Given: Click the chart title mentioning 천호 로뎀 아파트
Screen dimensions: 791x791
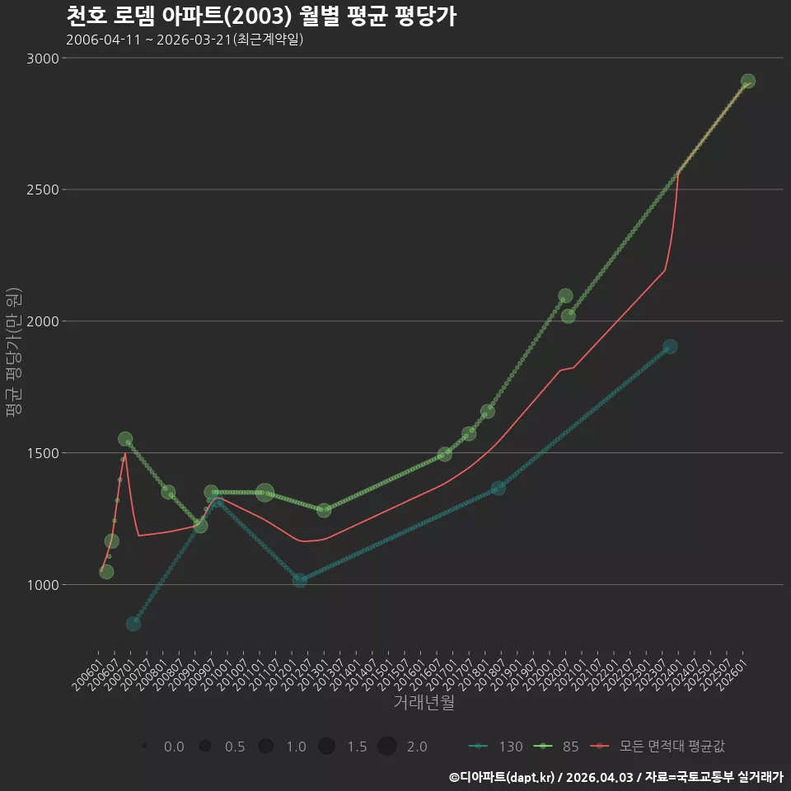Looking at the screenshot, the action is [261, 16].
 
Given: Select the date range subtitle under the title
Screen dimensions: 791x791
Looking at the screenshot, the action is [185, 40].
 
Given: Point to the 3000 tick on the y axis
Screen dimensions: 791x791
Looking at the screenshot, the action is [43, 58].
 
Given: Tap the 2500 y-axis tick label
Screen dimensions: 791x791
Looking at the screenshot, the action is [43, 190].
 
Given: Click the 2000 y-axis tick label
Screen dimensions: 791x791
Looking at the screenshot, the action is [43, 321].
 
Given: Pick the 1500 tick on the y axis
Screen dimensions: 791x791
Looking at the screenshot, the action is [43, 453].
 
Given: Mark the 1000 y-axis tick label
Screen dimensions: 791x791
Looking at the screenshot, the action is [43, 585].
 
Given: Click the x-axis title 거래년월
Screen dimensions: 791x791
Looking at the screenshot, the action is [424, 702].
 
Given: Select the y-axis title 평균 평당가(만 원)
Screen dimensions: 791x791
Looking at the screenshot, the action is [14, 352].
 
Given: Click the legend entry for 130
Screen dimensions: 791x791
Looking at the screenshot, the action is [496, 747].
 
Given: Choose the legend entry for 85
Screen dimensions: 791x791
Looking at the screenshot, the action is [556, 747].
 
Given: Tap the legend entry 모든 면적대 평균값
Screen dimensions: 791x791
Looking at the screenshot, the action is [659, 747].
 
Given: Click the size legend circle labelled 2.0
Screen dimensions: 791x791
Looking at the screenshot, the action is [387, 746].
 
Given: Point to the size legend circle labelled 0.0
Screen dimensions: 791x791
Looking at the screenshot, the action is [144, 746].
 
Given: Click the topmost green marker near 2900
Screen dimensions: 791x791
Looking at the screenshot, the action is [747, 81].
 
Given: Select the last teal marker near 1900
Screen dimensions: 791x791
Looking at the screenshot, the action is [670, 347].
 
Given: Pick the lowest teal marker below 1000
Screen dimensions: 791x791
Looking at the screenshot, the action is [133, 624].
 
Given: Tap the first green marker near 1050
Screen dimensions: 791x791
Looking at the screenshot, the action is [106, 572].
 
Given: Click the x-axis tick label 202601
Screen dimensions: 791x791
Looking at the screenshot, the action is [732, 675].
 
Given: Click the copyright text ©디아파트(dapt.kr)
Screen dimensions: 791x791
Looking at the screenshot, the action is [502, 777].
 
